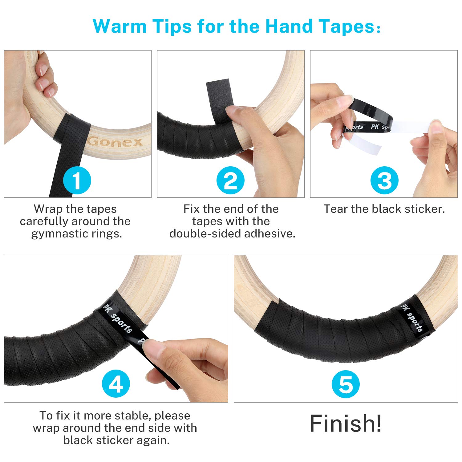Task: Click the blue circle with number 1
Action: click(x=77, y=180)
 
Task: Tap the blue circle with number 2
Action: click(x=230, y=180)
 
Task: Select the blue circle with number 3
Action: click(x=384, y=180)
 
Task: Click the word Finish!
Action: click(x=346, y=423)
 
